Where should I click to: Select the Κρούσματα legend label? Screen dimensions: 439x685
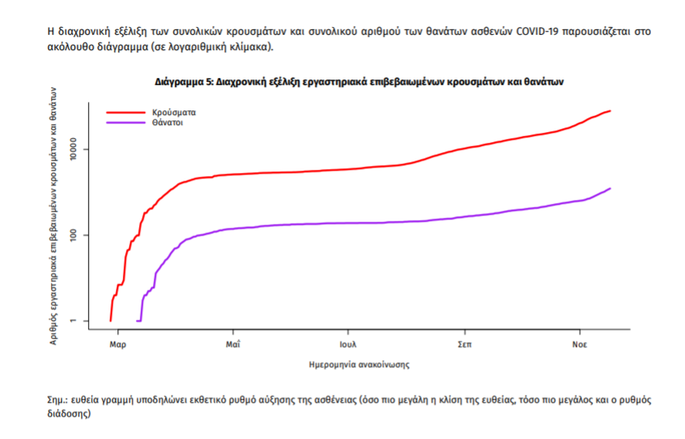(x=174, y=112)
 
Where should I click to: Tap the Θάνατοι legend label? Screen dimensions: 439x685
(x=168, y=122)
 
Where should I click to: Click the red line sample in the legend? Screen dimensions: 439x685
(x=125, y=112)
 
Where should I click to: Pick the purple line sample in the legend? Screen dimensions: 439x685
(x=125, y=122)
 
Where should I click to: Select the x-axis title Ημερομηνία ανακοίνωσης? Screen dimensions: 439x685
(x=358, y=362)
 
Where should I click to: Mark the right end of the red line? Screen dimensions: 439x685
(x=610, y=111)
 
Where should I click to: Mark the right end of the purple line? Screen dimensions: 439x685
(x=610, y=188)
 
